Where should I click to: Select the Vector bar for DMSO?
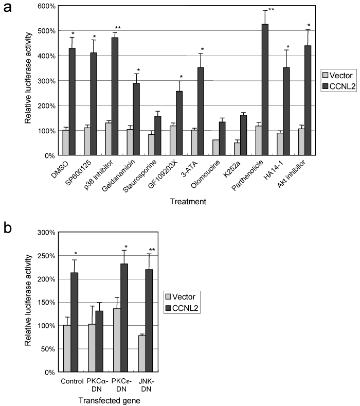[x=65, y=143]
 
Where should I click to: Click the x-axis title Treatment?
[x=189, y=202]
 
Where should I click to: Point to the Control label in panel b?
[x=71, y=382]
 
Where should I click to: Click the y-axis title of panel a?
[x=29, y=81]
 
